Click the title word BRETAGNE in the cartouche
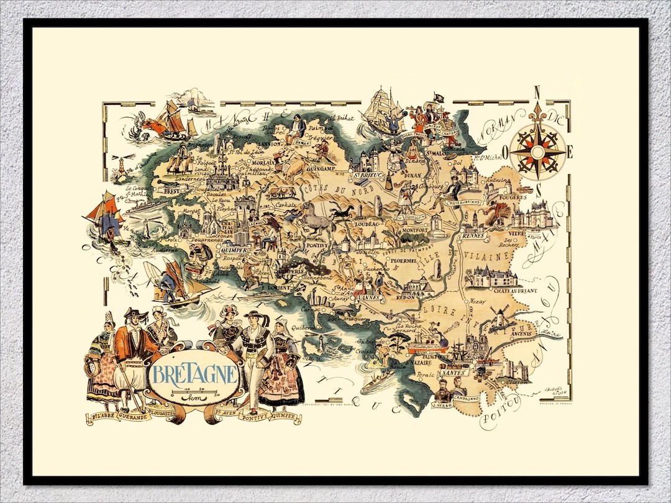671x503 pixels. pyautogui.click(x=194, y=374)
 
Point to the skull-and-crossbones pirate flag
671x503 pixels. pyautogui.click(x=439, y=98)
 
